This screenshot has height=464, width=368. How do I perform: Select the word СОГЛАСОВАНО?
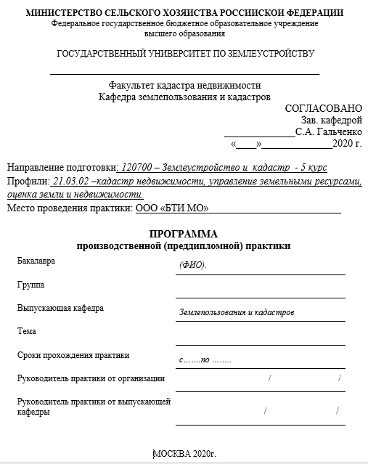(323, 108)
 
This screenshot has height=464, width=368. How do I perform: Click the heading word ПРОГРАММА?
(184, 234)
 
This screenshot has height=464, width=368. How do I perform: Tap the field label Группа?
(30, 284)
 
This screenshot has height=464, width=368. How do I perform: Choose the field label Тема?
(27, 331)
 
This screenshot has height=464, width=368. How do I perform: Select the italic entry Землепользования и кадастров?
(236, 312)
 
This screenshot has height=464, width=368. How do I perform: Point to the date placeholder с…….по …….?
(205, 359)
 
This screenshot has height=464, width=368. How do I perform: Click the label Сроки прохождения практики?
(73, 355)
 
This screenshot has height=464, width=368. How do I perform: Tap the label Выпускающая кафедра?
(60, 308)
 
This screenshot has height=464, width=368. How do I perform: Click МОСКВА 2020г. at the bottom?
(185, 454)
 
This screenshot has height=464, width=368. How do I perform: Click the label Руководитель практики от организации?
(91, 378)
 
